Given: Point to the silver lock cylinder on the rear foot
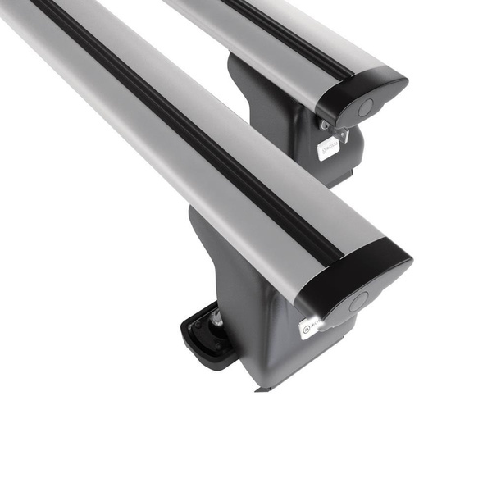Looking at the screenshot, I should tap(326, 125).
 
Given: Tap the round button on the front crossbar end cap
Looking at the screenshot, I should tap(358, 301).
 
